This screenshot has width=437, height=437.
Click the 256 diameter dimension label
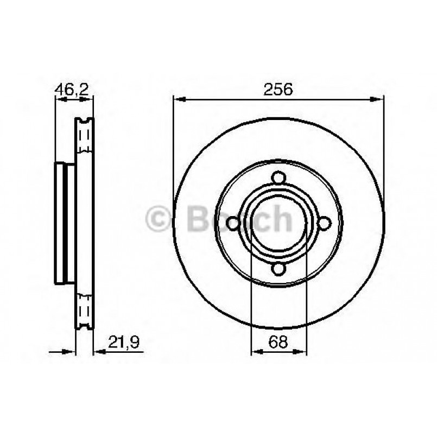tap(278, 89)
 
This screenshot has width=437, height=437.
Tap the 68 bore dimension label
tap(278, 341)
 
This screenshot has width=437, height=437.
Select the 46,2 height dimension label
tap(72, 90)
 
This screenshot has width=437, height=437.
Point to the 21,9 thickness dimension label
tap(124, 341)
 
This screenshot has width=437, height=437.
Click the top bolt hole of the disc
tap(278, 178)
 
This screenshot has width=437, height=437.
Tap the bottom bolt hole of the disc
tap(278, 269)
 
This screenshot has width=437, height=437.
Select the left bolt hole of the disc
tap(233, 224)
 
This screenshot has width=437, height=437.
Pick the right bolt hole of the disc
tap(325, 223)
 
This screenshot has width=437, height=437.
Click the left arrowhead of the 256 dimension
tap(179, 99)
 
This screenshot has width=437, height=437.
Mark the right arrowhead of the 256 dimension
tap(377, 99)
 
